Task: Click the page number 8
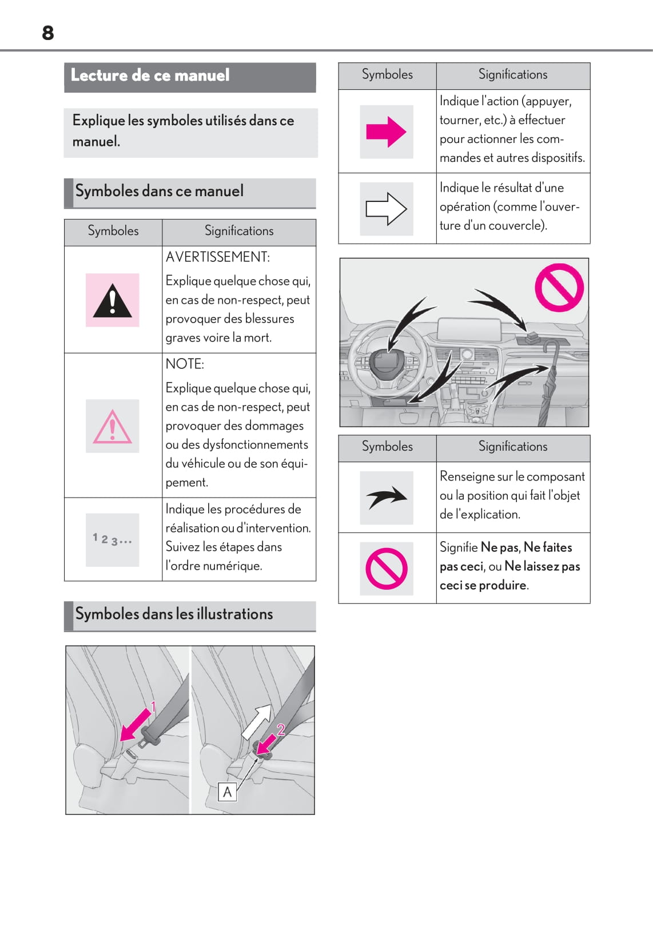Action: (x=48, y=33)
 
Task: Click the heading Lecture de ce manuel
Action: (x=150, y=75)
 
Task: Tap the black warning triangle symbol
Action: (x=112, y=301)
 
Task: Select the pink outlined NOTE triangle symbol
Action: (x=112, y=427)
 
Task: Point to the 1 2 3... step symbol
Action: (x=112, y=539)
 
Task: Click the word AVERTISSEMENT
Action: (x=217, y=257)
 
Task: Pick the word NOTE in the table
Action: (x=185, y=364)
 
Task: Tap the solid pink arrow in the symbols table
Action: (x=386, y=132)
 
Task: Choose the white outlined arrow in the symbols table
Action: (x=386, y=209)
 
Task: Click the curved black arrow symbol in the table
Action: (x=386, y=498)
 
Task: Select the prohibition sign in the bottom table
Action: (x=387, y=569)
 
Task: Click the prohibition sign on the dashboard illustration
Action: (x=559, y=287)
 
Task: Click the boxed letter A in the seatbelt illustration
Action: (x=227, y=792)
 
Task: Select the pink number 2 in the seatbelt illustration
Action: (x=281, y=729)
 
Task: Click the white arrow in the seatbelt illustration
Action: (x=257, y=721)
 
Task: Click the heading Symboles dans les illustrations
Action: (x=174, y=614)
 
